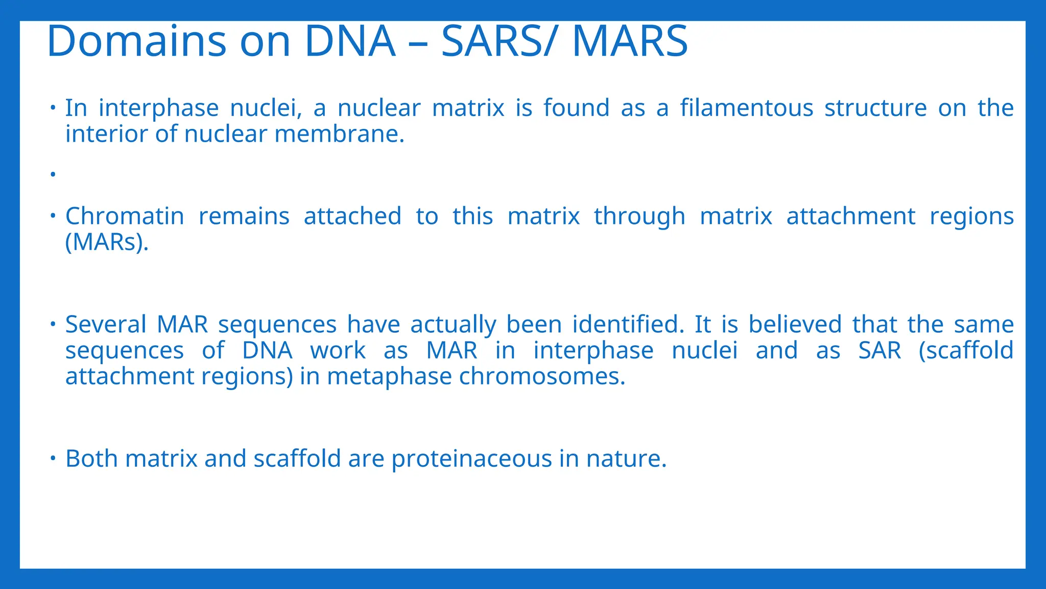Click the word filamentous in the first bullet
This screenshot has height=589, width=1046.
pos(746,108)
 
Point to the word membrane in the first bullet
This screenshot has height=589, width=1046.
pos(339,134)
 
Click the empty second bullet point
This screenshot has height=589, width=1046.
pos(53,175)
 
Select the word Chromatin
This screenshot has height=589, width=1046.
pos(125,216)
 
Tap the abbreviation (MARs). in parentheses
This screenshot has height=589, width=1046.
pos(107,242)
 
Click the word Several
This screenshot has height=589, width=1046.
pos(106,325)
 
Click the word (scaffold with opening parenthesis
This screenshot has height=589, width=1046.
pos(965,351)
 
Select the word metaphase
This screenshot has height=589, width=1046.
pos(389,377)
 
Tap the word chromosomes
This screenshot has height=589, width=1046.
pos(542,377)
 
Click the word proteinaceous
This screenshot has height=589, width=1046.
pos(471,459)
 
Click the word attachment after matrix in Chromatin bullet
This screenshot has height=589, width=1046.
pos(850,216)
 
